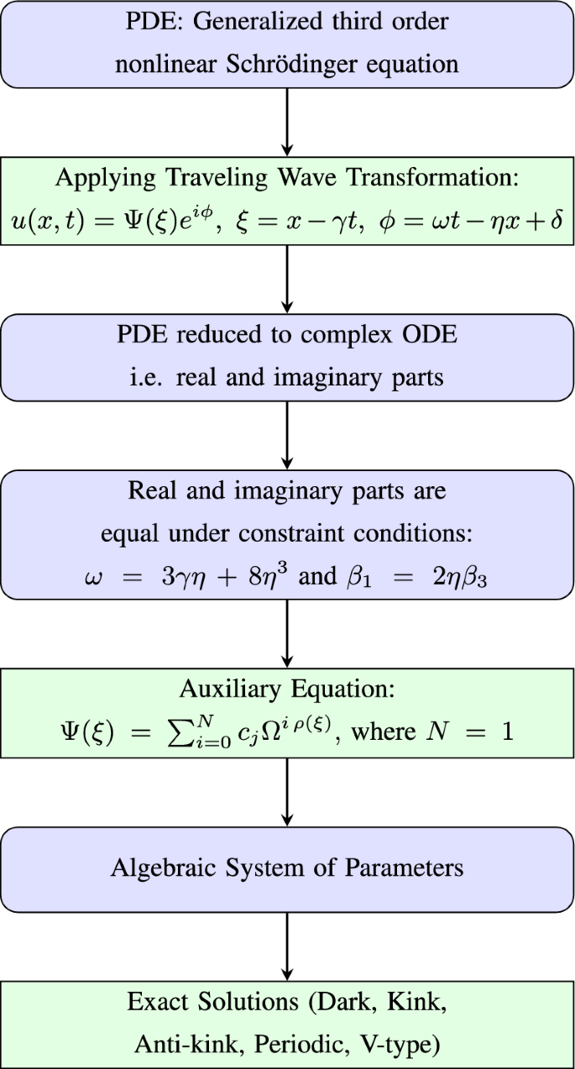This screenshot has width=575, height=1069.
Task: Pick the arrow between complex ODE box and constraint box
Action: point(287,435)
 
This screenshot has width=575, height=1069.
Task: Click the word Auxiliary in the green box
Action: point(218,689)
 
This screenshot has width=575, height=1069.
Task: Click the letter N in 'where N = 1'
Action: point(436,731)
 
